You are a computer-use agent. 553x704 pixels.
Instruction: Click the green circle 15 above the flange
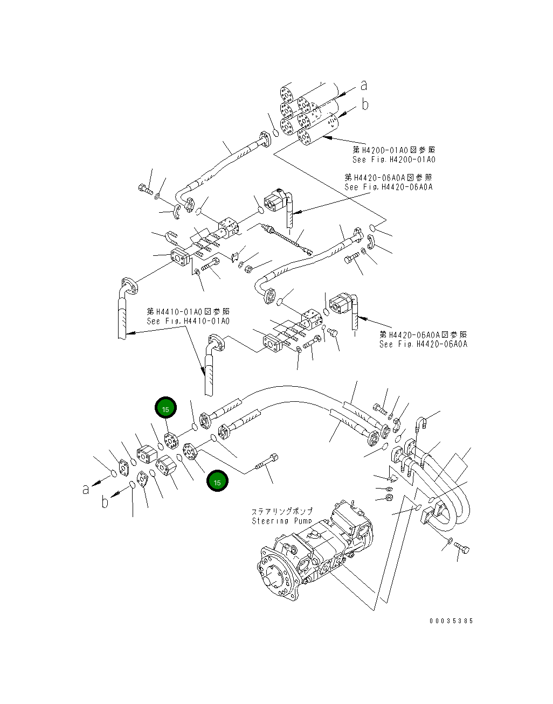[x=165, y=409]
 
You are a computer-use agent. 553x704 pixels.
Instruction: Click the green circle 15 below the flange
[x=217, y=482]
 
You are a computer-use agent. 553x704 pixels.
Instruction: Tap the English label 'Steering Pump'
[x=282, y=521]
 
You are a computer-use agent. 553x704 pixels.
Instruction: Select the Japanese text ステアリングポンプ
[x=282, y=511]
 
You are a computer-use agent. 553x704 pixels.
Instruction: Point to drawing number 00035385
[x=451, y=621]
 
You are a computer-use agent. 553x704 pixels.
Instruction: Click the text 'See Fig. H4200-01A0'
[x=393, y=159]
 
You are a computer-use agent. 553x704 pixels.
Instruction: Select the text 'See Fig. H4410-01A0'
[x=188, y=321]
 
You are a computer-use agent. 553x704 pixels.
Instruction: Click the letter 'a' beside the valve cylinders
[x=364, y=85]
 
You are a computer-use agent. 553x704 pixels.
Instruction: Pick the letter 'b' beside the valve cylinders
[x=365, y=104]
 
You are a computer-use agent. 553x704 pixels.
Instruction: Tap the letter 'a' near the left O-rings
[x=86, y=489]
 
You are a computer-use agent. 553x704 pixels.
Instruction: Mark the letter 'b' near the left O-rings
[x=105, y=502]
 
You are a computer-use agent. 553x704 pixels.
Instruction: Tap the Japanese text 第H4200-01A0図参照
[x=394, y=150]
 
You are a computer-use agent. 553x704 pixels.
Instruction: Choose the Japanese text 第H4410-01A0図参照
[x=188, y=311]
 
